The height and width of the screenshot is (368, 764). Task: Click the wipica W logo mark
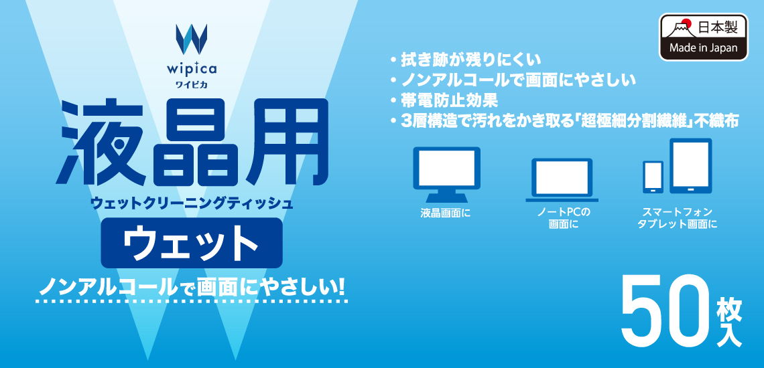coord(192,38)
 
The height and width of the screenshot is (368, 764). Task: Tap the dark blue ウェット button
coord(192,242)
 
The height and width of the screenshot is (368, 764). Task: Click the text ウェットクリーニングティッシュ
coord(192,203)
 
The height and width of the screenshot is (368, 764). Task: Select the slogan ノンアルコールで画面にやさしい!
coord(192,288)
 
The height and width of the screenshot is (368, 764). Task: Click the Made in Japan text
coord(703,48)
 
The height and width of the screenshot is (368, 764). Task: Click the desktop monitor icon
coord(447,174)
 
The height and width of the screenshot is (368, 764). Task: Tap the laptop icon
coord(562,179)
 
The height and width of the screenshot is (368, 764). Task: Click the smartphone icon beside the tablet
coord(653,177)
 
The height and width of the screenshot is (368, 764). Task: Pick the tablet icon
coord(691,166)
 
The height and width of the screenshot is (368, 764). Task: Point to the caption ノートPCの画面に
coord(563,219)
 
